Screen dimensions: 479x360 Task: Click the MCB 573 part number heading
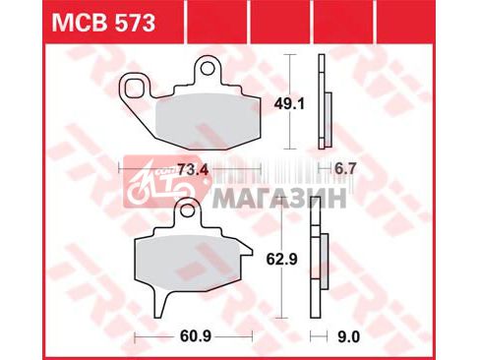(x=103, y=23)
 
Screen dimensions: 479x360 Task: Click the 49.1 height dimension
(x=289, y=104)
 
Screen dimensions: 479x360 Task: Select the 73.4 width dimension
(x=194, y=170)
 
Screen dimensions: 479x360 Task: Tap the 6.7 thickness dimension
(x=345, y=169)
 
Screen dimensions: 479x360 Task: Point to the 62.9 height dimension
(x=282, y=260)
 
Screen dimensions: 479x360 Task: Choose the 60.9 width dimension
(x=196, y=336)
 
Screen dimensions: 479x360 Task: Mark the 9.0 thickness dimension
(x=349, y=336)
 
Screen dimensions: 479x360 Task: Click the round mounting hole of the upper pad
(x=208, y=69)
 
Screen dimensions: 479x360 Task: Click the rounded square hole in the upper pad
(x=135, y=88)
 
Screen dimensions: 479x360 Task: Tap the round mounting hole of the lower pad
(x=188, y=210)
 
